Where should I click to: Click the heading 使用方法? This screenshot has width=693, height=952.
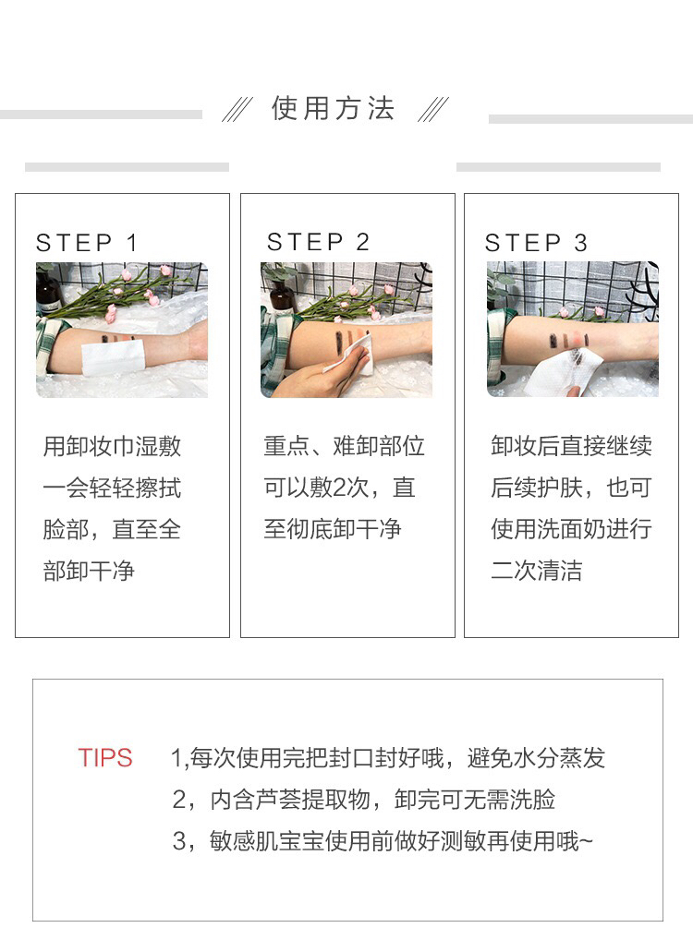tap(333, 109)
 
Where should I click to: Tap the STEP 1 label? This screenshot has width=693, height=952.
tap(87, 243)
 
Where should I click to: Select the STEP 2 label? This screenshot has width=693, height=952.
tap(318, 242)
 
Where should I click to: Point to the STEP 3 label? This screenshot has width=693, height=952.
tap(536, 243)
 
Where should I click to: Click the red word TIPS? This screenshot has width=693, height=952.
tap(105, 758)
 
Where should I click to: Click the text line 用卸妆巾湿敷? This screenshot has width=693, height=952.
tap(112, 446)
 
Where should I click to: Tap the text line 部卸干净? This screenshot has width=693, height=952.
tap(89, 571)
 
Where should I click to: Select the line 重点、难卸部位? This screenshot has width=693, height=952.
tap(344, 446)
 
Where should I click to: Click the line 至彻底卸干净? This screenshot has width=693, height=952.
tap(333, 529)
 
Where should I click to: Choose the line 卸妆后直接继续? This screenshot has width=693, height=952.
tap(572, 446)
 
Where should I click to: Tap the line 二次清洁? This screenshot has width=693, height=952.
tap(536, 571)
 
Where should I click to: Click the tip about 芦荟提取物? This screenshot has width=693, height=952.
tap(364, 800)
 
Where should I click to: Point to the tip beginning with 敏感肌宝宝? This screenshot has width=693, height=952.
tap(383, 841)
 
